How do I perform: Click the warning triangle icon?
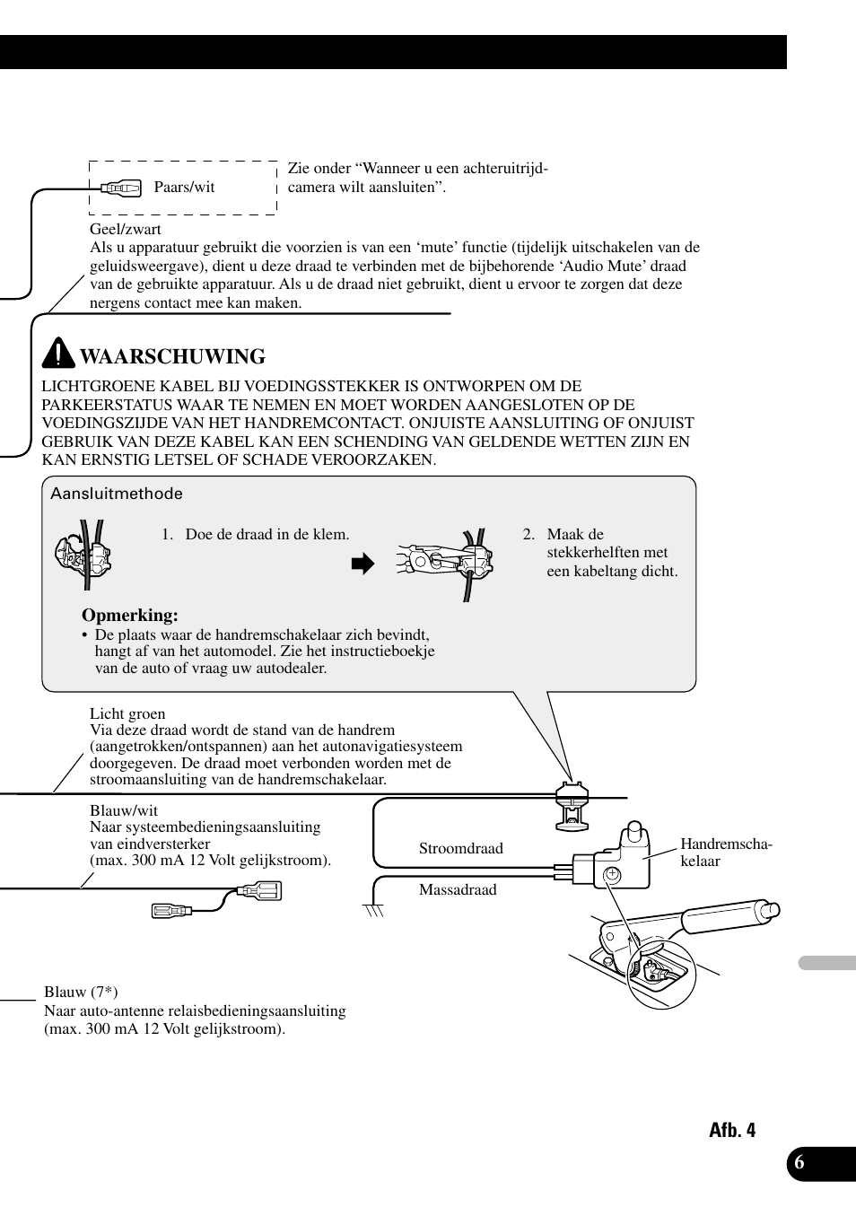coord(58,354)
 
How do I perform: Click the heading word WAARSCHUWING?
coord(172,356)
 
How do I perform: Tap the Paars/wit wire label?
coord(184,187)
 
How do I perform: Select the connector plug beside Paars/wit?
coord(120,188)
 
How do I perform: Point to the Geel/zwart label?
coord(125,229)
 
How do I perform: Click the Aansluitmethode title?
coord(117,494)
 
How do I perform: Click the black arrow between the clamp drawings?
coord(362,564)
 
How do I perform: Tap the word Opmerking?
coord(130,615)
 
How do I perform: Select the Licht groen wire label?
coord(127,713)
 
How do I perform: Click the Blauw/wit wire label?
coord(124,810)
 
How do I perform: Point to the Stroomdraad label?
coord(460,848)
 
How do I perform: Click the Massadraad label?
coord(458,889)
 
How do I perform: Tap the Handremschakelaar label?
coord(725,852)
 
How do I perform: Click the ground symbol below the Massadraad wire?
coord(373,910)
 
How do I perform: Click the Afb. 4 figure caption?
coord(731,1130)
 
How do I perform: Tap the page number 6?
coord(799,1163)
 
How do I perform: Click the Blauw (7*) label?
coord(81,992)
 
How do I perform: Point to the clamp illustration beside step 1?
coord(83,556)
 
